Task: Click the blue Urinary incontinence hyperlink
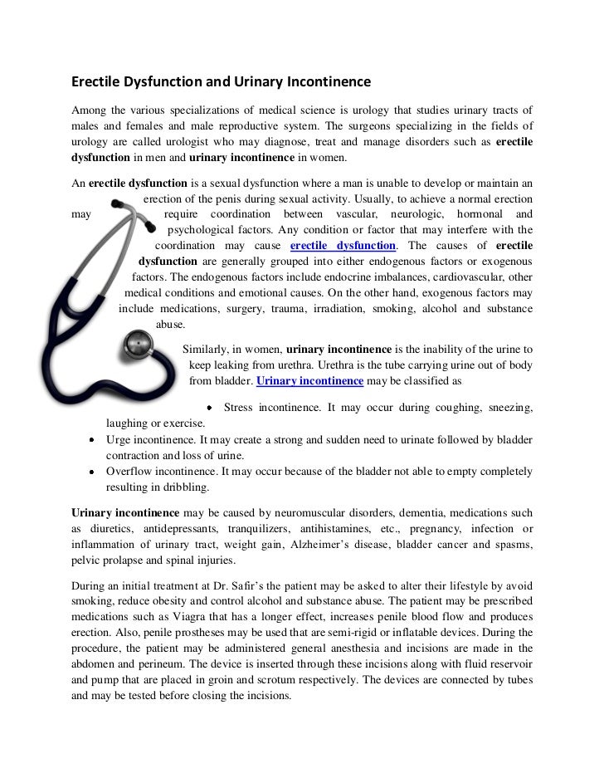click(309, 381)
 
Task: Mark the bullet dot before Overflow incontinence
click(90, 472)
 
